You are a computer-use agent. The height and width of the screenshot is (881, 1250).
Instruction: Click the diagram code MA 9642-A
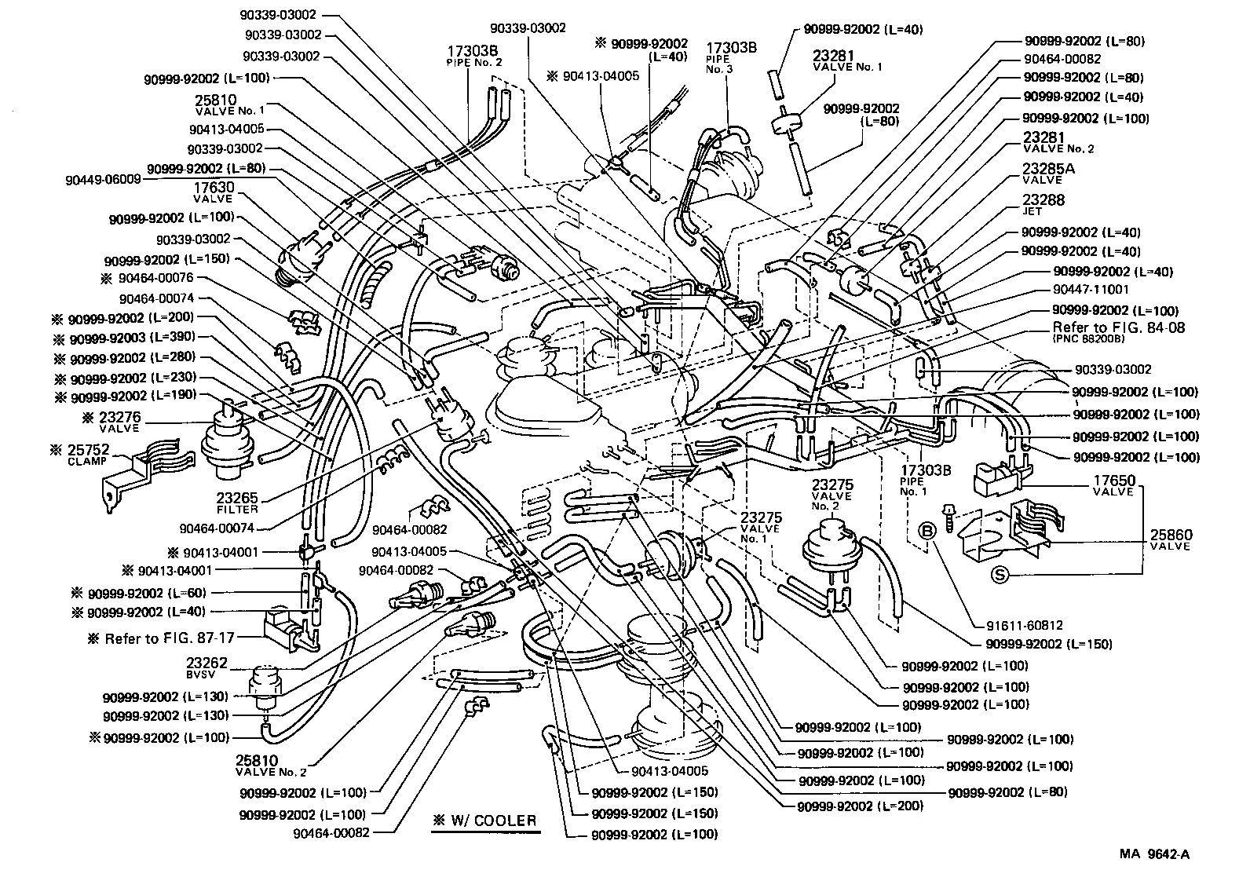[x=1154, y=855]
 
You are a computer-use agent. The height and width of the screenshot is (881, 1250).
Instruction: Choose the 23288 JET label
[x=1043, y=205]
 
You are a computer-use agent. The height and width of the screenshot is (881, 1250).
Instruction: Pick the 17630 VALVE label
[x=214, y=192]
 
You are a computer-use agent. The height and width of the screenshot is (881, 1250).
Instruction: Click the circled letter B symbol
[x=927, y=532]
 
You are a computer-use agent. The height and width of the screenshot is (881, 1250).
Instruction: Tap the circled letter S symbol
[x=1000, y=575]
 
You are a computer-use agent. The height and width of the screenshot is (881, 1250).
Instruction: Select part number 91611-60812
[x=1025, y=626]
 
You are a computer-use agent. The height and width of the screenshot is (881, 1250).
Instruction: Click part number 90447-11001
[x=1090, y=290]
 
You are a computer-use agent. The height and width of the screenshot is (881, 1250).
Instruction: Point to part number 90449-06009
[x=103, y=179]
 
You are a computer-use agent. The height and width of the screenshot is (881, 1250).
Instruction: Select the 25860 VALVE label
[x=1170, y=539]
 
